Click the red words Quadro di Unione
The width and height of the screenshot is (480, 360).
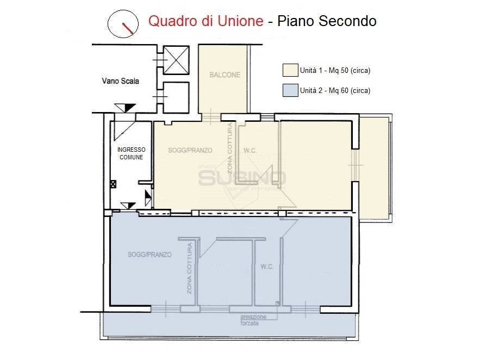tap(206, 21)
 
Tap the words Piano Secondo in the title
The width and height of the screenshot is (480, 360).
tap(327, 21)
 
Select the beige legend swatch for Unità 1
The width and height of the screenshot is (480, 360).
tap(289, 71)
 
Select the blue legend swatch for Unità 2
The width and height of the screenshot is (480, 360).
tap(289, 90)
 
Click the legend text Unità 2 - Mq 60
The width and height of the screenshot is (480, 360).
tap(335, 91)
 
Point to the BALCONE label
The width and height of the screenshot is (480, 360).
tap(225, 75)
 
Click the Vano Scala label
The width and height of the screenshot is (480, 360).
tap(120, 81)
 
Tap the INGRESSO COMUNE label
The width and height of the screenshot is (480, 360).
tap(131, 153)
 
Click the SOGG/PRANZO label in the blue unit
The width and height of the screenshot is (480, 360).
tap(149, 255)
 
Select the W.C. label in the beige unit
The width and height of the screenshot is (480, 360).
tap(250, 150)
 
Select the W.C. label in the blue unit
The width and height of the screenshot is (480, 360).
tap(266, 266)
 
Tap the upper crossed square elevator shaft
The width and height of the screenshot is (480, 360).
tap(176, 59)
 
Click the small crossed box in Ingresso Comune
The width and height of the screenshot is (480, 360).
tap(113, 184)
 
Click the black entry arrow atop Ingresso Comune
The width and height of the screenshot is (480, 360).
tap(129, 108)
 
